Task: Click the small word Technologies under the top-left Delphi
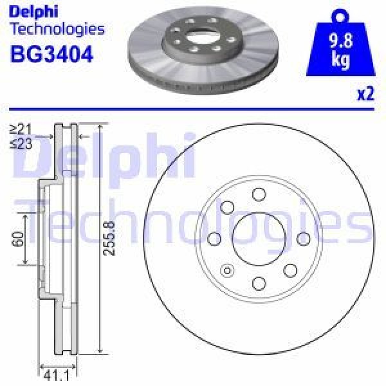(x=57, y=28)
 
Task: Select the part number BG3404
(x=51, y=53)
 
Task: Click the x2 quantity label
(x=365, y=95)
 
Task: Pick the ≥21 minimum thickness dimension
(x=22, y=129)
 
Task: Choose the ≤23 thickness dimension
(x=22, y=143)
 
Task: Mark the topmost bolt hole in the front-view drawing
(x=259, y=194)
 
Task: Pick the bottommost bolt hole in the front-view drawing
(x=259, y=283)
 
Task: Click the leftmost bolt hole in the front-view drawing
(x=214, y=239)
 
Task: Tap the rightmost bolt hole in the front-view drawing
(x=303, y=239)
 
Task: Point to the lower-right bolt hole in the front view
(x=290, y=270)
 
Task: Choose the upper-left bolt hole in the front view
(x=227, y=207)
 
